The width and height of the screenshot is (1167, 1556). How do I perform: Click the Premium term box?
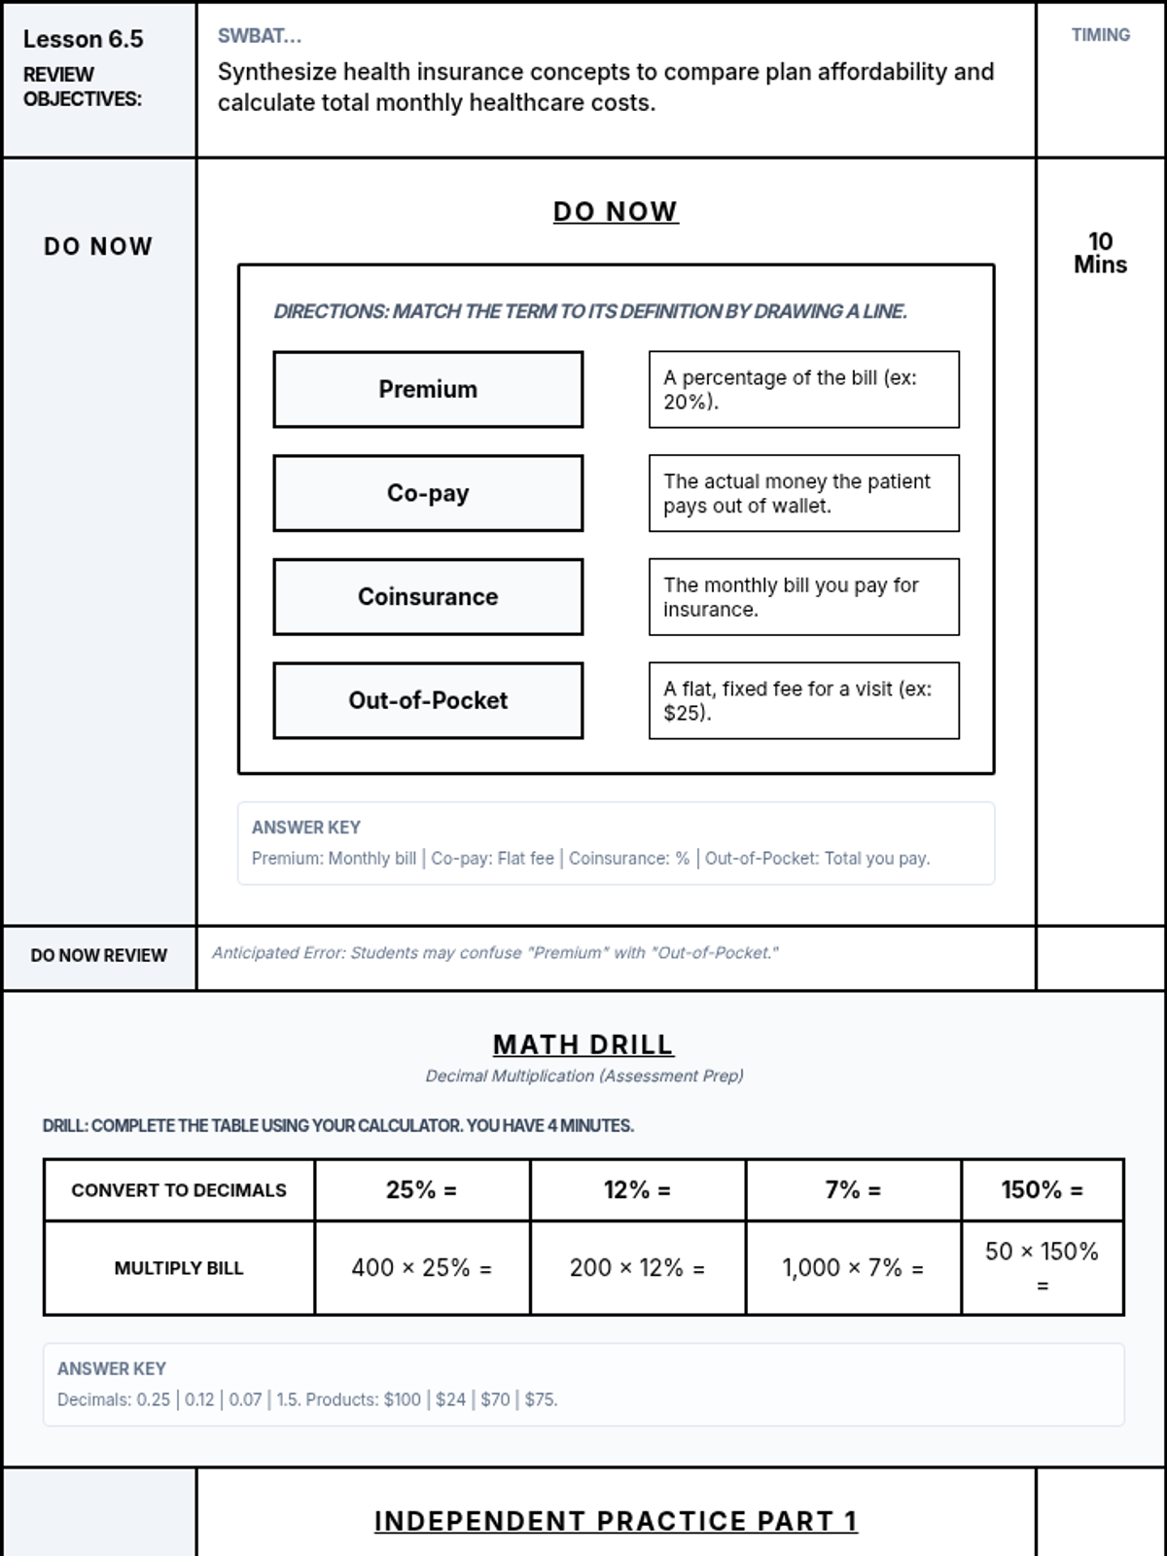(428, 389)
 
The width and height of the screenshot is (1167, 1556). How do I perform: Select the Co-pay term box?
(428, 493)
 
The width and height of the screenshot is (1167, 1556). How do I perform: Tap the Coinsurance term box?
(428, 596)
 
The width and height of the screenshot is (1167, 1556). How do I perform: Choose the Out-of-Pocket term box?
(428, 700)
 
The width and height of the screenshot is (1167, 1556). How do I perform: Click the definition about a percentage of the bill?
(803, 389)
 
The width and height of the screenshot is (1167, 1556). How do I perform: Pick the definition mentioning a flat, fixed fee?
(803, 700)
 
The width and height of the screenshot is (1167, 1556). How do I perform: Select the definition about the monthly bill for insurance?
(803, 596)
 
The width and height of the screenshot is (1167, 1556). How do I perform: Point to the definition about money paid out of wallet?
(803, 493)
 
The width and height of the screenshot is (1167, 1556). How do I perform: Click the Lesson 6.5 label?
(83, 39)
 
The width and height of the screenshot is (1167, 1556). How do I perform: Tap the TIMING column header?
(1100, 35)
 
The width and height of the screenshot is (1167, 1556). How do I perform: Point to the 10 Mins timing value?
(1100, 253)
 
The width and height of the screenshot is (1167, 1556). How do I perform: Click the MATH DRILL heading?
(583, 1044)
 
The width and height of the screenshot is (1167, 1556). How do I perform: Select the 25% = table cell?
(422, 1189)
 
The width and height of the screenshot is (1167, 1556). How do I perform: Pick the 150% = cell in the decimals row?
(1042, 1189)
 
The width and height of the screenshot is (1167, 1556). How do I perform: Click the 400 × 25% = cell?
(422, 1267)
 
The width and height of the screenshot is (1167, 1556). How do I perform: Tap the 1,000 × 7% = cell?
(853, 1267)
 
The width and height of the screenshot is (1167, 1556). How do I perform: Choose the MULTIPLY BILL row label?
(179, 1267)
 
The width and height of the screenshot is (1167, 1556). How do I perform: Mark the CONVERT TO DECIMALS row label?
(179, 1189)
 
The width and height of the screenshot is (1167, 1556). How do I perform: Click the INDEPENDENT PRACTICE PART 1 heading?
(616, 1521)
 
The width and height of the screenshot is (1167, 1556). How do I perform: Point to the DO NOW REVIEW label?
(98, 955)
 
